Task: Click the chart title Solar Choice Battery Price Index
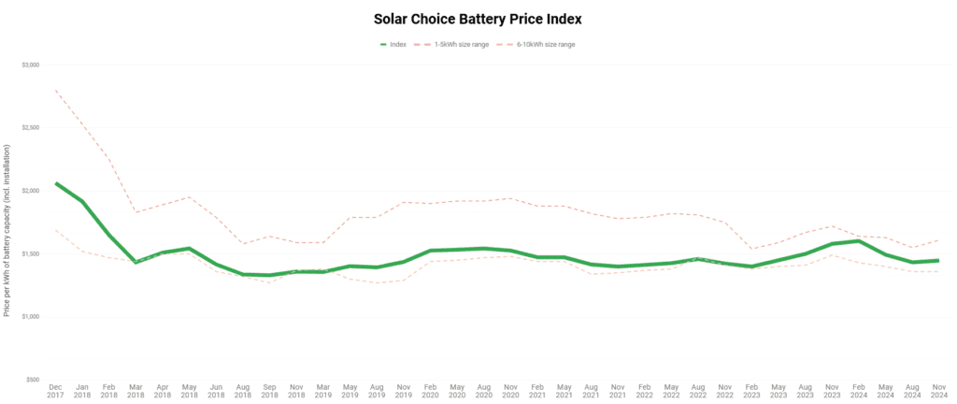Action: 478,19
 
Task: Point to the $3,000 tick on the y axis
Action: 31,65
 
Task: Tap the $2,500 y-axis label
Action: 31,127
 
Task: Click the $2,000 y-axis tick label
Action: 31,191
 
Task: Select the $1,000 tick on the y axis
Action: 31,317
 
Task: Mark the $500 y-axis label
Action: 33,380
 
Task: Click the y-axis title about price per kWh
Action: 7,230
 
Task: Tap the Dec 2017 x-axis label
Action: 56,390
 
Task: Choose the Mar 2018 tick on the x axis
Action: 136,390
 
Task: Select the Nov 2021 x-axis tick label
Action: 619,390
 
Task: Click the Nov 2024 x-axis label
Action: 939,390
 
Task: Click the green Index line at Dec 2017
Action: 56,183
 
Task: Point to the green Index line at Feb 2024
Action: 858,241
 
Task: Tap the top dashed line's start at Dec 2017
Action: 56,90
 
